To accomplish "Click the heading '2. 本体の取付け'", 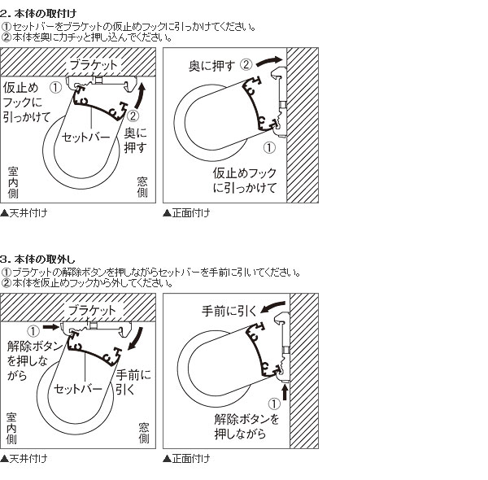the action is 38,13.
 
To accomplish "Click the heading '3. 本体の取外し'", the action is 37,259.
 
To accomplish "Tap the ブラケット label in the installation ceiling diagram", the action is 93,65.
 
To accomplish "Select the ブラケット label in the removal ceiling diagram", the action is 92,310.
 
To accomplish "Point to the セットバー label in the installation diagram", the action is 86,137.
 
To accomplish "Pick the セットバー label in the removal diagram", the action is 78,389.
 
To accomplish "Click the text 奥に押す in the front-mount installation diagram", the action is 211,66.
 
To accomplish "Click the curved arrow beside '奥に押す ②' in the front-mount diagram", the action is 269,61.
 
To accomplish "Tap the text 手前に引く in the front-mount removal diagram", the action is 229,311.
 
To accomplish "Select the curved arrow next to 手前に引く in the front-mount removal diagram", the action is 273,307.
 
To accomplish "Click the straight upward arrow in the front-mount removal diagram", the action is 284,392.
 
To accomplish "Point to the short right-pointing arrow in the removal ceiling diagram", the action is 50,326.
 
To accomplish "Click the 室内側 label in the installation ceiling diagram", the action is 13,182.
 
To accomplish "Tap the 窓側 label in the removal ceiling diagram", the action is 144,433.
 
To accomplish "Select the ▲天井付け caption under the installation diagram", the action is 24,213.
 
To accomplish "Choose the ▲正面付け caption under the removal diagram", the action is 186,459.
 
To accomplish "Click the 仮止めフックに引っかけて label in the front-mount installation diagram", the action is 245,181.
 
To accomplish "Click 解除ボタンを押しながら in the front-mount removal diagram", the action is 246,426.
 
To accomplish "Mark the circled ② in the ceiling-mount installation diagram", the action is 133,116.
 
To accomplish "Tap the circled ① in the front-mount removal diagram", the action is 274,404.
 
